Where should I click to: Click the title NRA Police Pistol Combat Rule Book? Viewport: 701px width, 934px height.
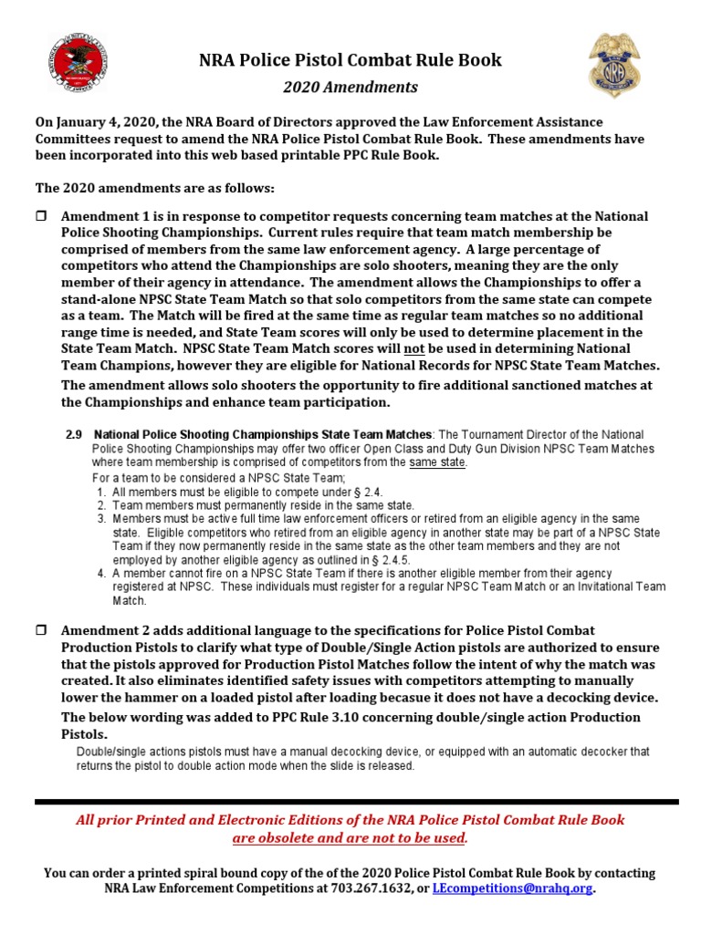(x=350, y=60)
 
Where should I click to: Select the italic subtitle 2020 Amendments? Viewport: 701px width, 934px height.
(x=350, y=88)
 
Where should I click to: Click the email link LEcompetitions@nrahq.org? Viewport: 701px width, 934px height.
(x=512, y=887)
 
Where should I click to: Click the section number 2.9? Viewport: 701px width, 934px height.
(x=74, y=434)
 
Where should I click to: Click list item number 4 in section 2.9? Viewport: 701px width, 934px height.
(x=100, y=574)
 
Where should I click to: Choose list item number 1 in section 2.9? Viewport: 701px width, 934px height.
(x=100, y=492)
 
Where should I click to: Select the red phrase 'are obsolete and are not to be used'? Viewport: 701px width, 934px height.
(x=350, y=837)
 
